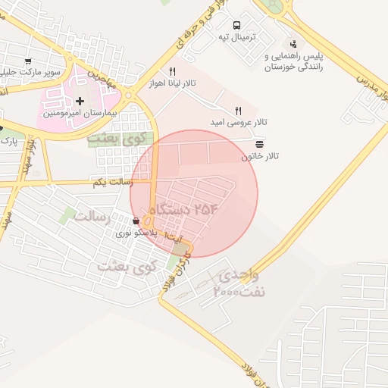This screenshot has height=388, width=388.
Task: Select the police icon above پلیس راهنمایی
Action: click(293, 44)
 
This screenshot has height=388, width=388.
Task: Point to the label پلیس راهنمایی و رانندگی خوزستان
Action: click(293, 61)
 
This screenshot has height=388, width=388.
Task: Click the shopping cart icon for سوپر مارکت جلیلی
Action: click(28, 61)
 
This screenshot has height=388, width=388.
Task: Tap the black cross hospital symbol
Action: click(80, 101)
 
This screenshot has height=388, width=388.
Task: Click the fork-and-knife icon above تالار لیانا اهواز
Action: click(173, 72)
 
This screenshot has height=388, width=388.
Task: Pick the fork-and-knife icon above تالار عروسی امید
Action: click(239, 111)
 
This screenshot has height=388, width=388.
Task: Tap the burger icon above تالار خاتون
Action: click(260, 143)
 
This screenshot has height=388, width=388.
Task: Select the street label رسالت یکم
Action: click(112, 183)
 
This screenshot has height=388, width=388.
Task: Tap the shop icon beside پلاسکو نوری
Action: click(136, 221)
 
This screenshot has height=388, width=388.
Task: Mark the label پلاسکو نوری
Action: click(136, 234)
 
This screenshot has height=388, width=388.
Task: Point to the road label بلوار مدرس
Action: click(363, 83)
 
